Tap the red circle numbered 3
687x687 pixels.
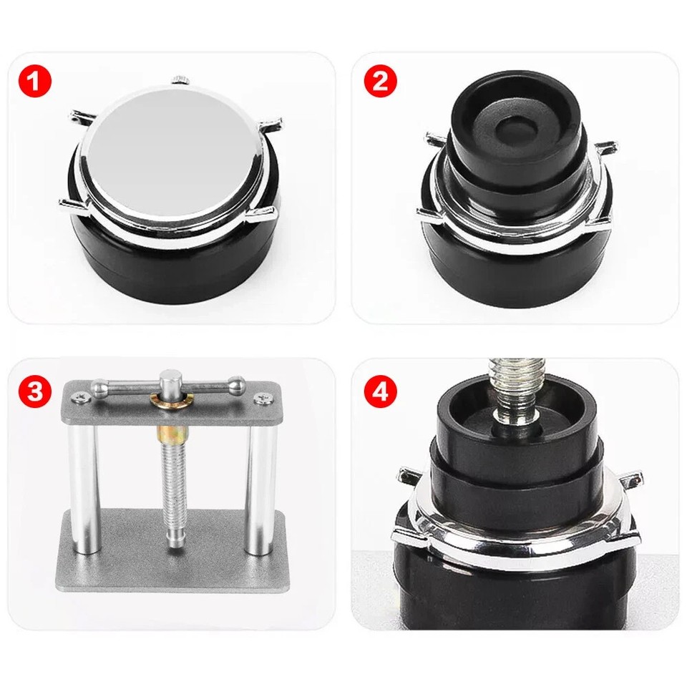tap(36, 391)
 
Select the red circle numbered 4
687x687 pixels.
tap(380, 391)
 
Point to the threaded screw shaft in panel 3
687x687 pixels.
tap(171, 487)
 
